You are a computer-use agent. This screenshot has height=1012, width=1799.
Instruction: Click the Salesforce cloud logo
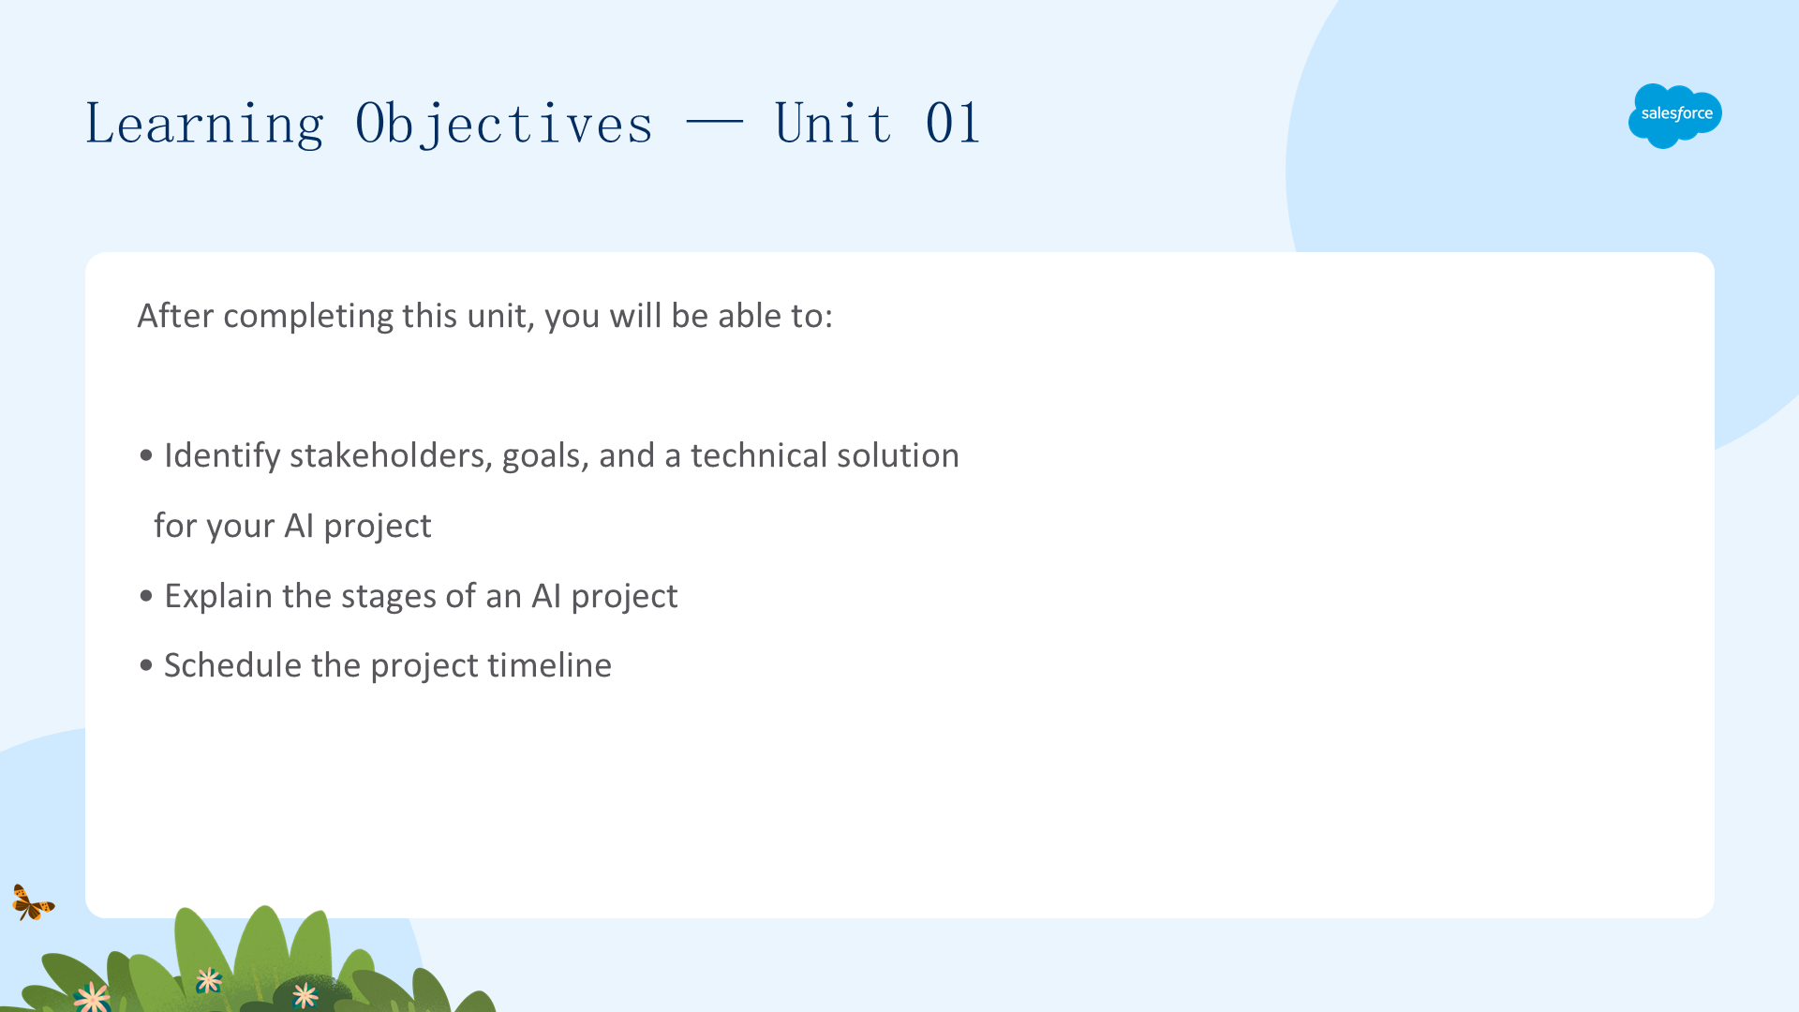1674,115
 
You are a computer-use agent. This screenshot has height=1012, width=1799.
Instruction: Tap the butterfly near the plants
33,902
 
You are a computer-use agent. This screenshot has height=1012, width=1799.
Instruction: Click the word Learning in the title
204,124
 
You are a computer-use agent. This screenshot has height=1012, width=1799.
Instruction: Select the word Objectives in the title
503,124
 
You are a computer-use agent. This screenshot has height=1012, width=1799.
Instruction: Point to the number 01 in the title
952,123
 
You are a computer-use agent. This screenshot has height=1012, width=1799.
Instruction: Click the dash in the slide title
714,122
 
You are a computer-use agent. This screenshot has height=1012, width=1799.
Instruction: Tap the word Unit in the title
833,123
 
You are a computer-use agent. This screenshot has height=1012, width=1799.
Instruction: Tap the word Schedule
232,665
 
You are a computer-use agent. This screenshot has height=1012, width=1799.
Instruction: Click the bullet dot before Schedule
146,665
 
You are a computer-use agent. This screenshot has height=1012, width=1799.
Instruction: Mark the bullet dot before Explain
146,596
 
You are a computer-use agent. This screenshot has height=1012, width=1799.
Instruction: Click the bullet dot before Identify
146,455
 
